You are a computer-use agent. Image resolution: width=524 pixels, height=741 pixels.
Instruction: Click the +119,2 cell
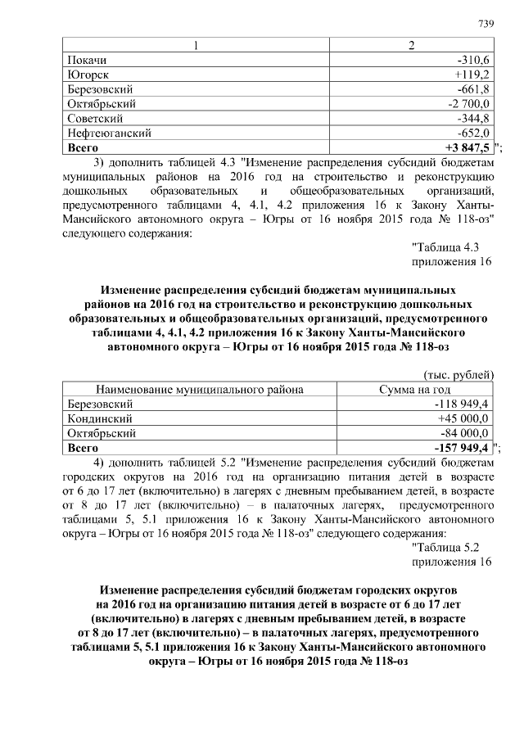pos(472,75)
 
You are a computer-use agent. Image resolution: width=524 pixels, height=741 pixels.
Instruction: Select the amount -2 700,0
pos(468,104)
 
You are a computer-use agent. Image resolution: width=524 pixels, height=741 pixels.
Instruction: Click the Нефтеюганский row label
pos(107,133)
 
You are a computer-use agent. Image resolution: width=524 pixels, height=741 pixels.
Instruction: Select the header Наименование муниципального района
pos(200,390)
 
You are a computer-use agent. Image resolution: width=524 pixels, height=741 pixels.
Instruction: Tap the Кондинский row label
pos(99,418)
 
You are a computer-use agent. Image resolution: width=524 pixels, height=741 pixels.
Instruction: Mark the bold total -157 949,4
pos(462,448)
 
